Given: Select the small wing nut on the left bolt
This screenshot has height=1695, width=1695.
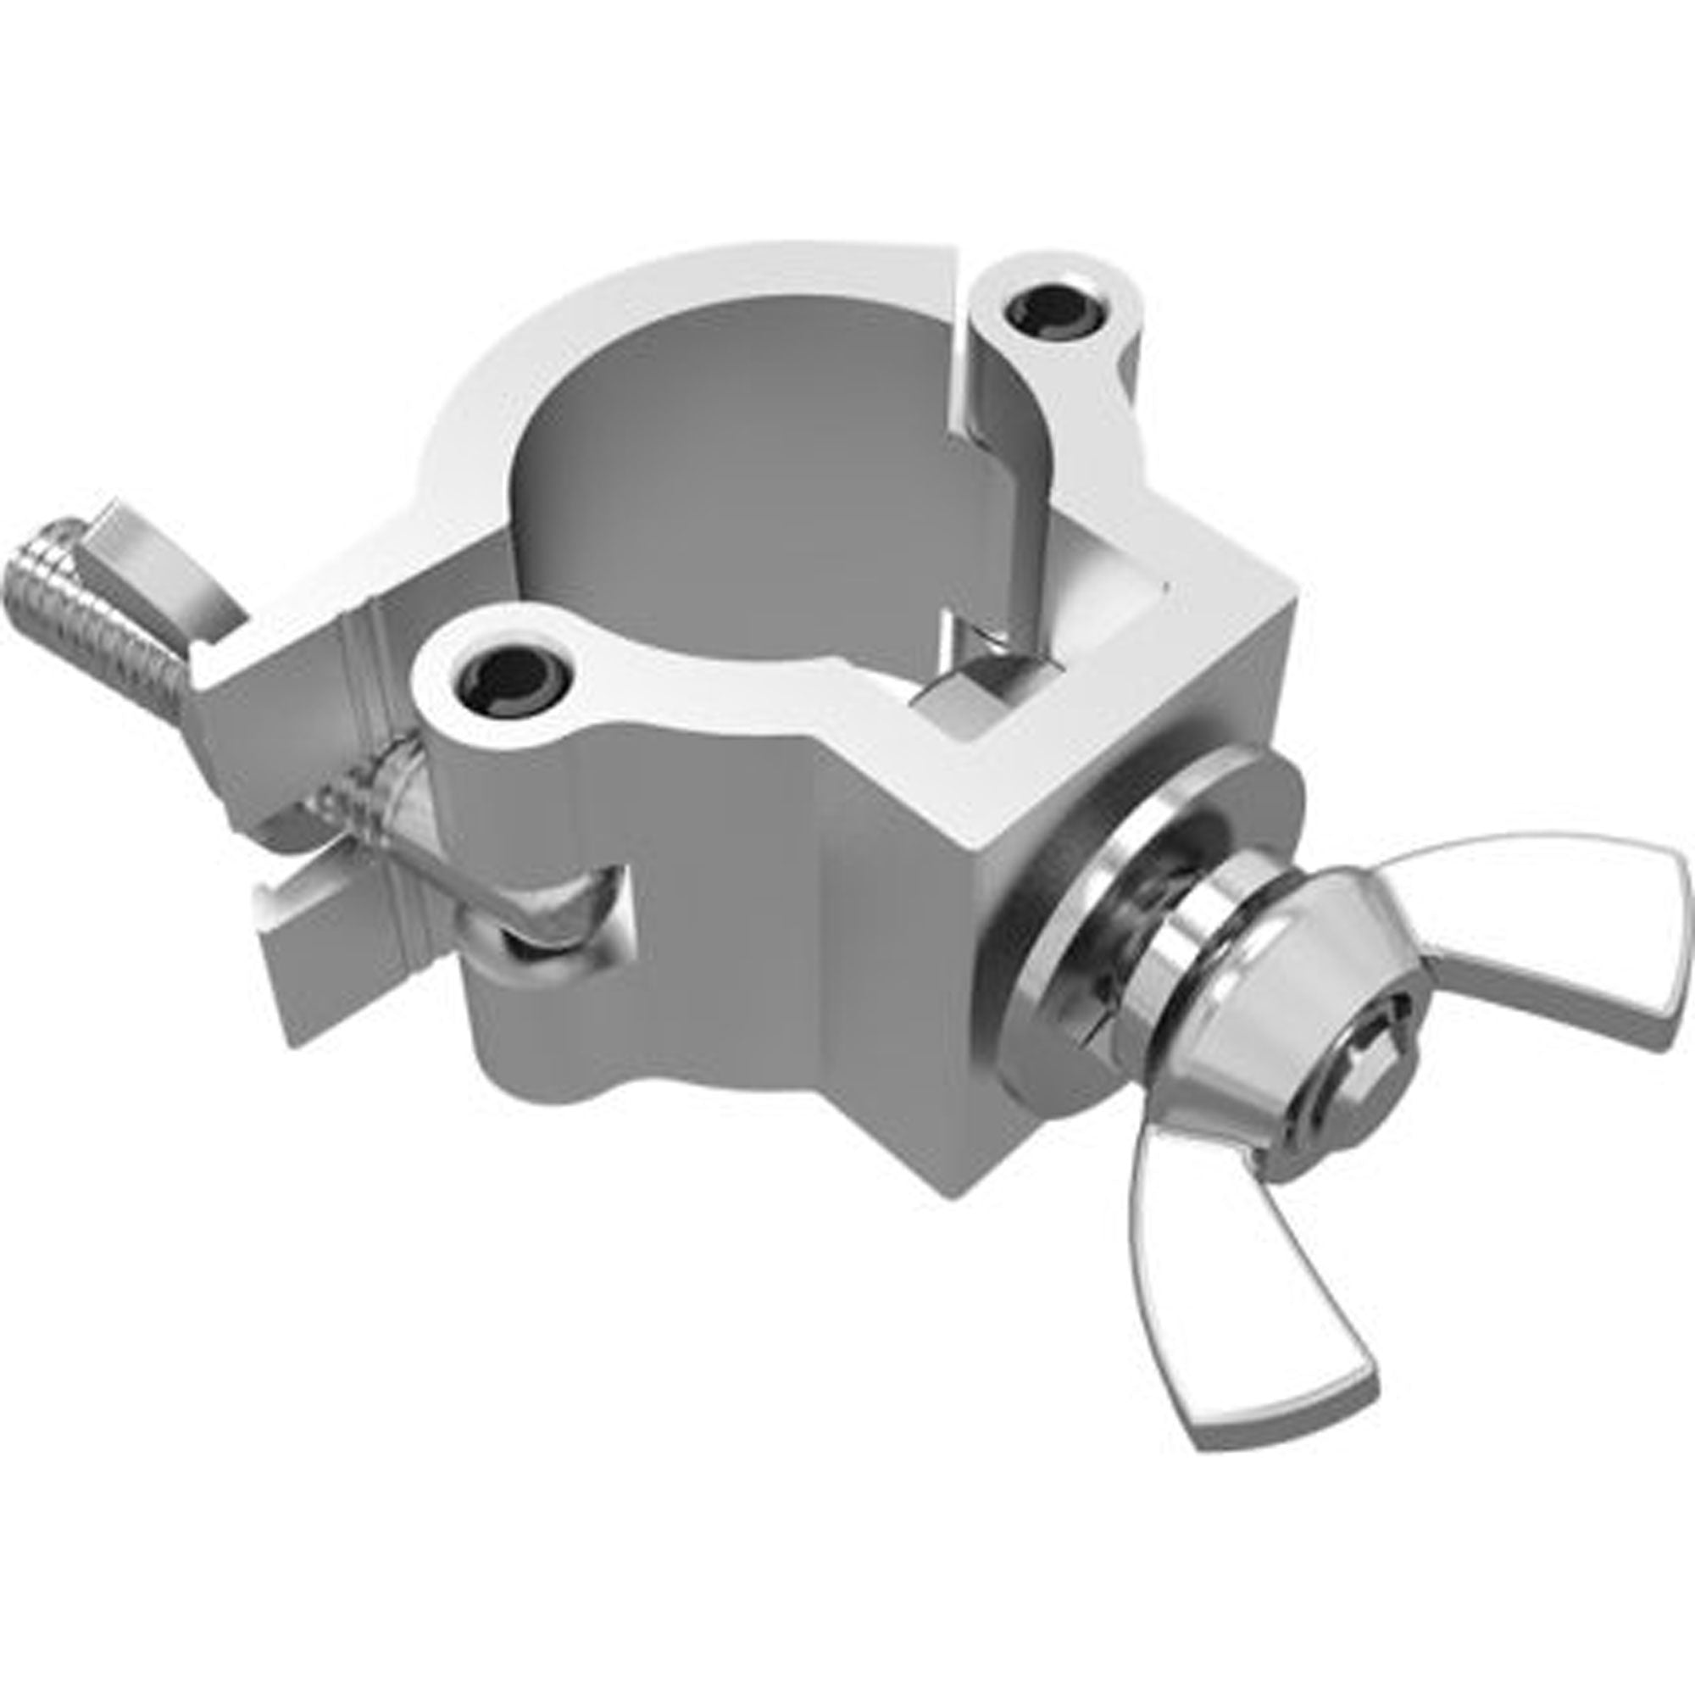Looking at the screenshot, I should click(x=149, y=553).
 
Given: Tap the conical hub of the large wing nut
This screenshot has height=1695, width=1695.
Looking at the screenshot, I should click(x=1351, y=1026).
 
